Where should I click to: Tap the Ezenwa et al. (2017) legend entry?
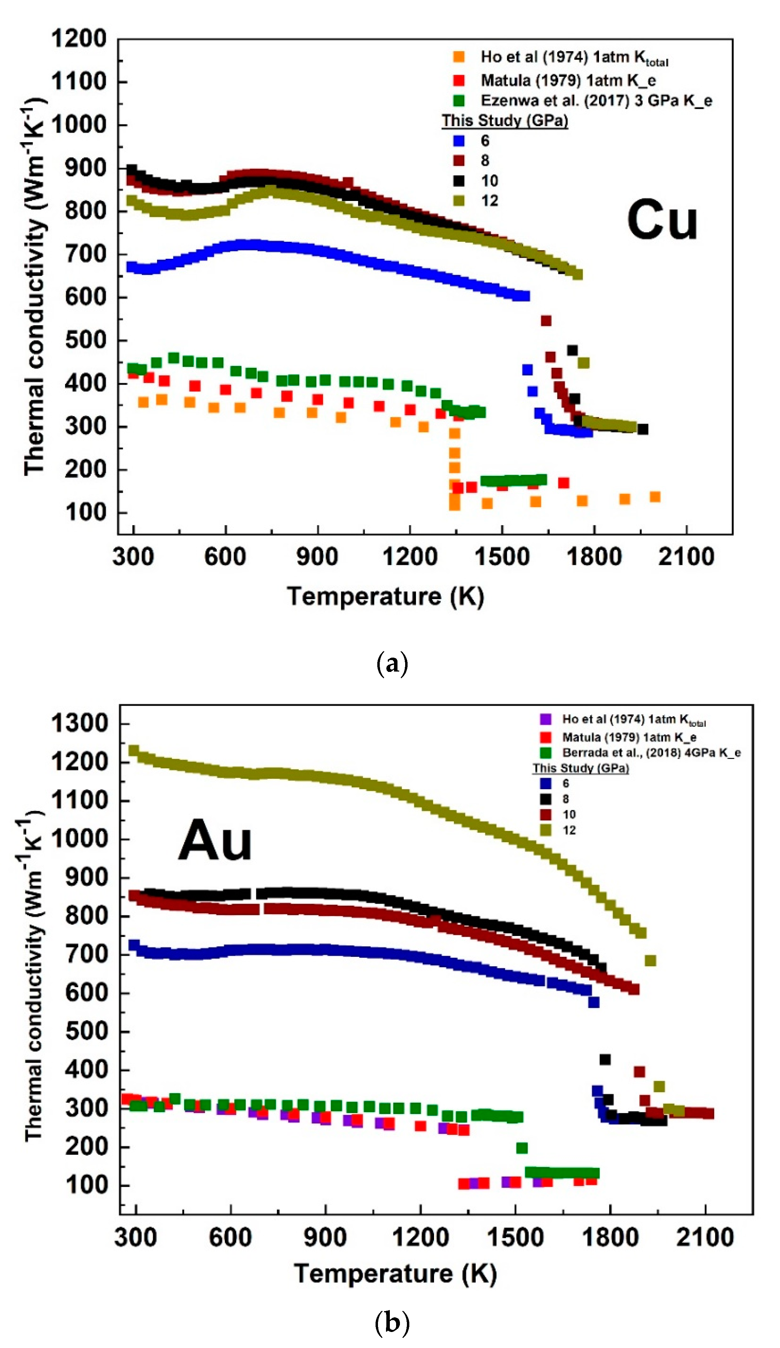[x=596, y=101]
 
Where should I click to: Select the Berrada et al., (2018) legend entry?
[x=651, y=753]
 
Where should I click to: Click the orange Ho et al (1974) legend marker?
[x=458, y=57]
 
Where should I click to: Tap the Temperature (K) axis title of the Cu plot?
[x=385, y=596]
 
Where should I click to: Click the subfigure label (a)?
[x=392, y=664]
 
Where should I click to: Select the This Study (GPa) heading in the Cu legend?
[x=504, y=121]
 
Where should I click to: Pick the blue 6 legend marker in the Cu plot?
[x=458, y=141]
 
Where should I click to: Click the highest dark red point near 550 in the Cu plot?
[x=546, y=321]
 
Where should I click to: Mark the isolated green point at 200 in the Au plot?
[x=522, y=1148]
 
